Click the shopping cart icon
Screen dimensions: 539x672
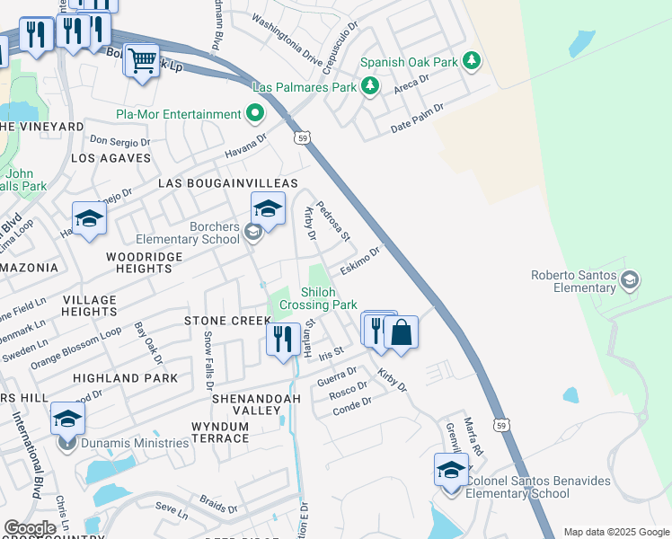(141, 61)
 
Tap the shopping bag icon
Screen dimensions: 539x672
(401, 332)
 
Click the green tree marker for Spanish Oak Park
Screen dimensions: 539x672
(470, 62)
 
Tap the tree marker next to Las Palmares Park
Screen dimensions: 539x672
(369, 86)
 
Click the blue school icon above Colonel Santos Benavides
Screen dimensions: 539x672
(451, 469)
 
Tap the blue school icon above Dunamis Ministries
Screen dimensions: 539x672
(67, 418)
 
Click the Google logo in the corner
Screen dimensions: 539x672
(30, 528)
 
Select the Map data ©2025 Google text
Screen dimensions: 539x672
(615, 532)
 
